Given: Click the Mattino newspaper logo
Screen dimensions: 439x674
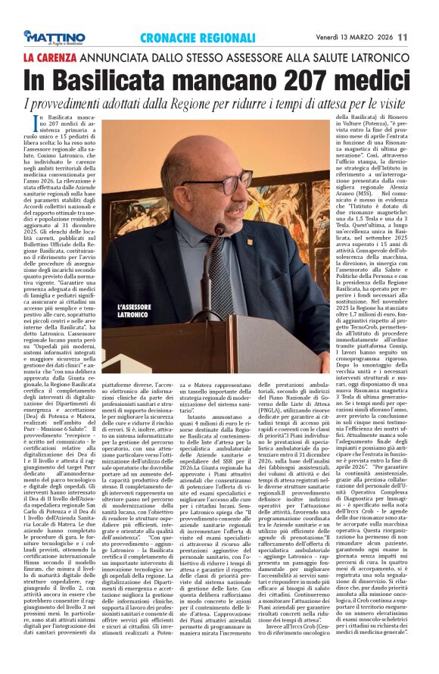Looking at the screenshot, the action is click(54, 36).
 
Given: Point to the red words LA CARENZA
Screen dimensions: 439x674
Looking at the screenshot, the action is click(50, 57).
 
